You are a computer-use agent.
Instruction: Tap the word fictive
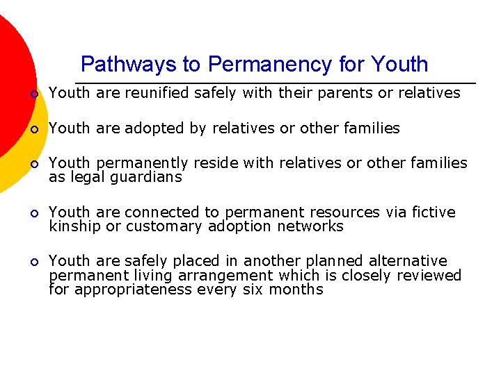[434, 212]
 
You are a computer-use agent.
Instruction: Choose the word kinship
[74, 226]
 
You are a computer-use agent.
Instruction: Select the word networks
[310, 226]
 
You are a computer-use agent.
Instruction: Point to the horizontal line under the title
[278, 83]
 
